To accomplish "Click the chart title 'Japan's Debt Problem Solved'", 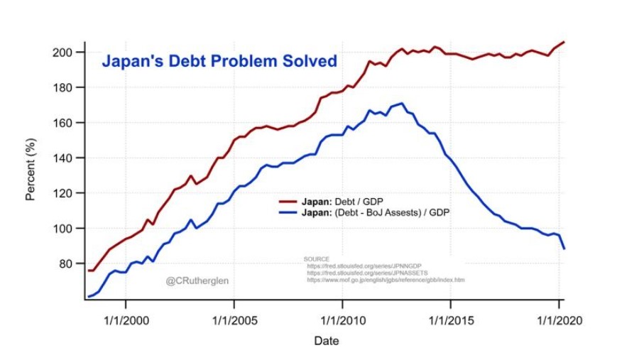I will [219, 62].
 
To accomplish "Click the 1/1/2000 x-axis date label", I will [126, 320].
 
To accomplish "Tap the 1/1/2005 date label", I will [234, 320].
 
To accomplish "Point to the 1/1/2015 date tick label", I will [451, 320].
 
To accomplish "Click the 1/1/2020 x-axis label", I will [558, 320].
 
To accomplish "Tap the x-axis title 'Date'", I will [327, 341].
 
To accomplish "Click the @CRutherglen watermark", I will [197, 281].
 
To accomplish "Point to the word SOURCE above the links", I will [317, 259].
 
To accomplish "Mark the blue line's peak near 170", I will [403, 104].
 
